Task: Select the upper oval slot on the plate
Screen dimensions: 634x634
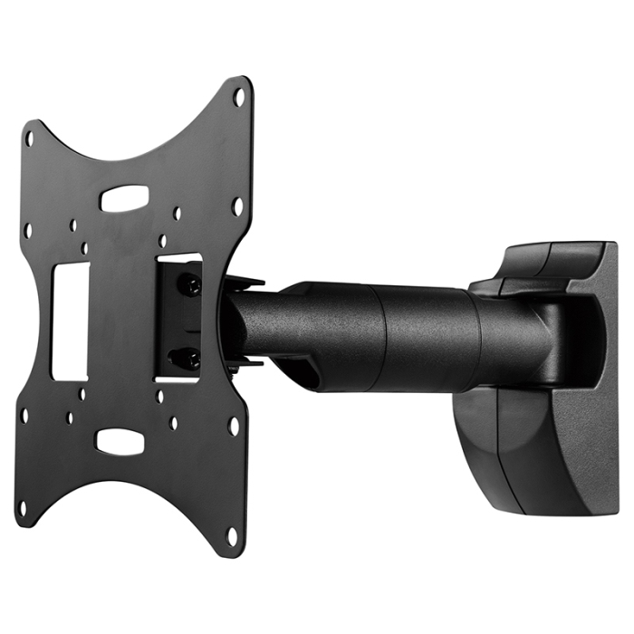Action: [x=124, y=198]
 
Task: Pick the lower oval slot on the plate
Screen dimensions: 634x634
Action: [x=120, y=442]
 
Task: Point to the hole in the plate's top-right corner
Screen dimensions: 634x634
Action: [x=239, y=96]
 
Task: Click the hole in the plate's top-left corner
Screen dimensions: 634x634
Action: [x=29, y=139]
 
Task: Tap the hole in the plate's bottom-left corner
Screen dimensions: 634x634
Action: [x=24, y=507]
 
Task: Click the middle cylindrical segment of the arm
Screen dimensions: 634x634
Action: [x=426, y=337]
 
